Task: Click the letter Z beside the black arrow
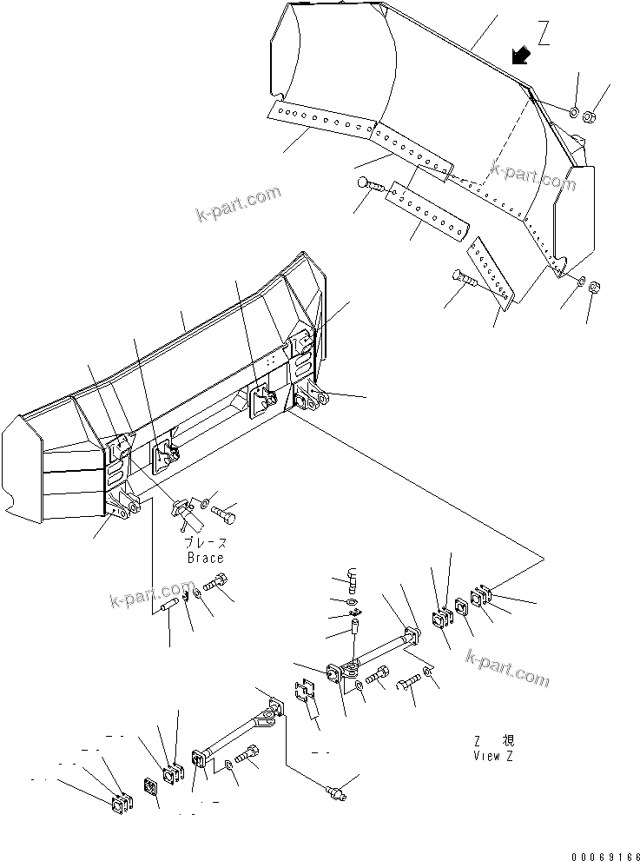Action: point(544,34)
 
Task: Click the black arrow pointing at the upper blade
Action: point(521,56)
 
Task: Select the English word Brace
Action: point(205,559)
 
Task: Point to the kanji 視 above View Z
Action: point(508,741)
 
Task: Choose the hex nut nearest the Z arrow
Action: point(590,115)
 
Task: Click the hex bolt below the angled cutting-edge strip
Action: point(465,279)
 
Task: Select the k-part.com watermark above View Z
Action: point(506,667)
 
